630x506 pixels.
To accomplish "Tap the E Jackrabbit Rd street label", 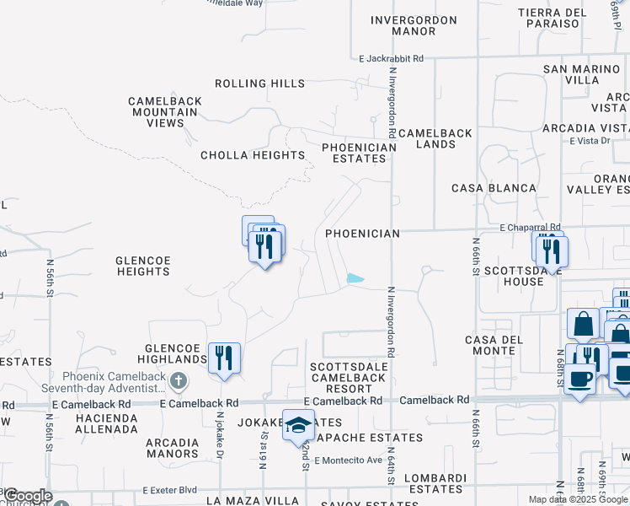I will pos(391,59).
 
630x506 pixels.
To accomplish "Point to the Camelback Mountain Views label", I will pos(165,112).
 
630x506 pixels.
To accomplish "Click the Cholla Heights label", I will pos(253,155).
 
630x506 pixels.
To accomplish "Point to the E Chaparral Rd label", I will pos(530,228).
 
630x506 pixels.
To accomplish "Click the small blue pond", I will pos(355,278).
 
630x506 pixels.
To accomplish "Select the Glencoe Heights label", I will pos(143,266).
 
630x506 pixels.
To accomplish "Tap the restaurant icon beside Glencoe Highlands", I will pos(224,358).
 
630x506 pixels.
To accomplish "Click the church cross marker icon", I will pos(178,382).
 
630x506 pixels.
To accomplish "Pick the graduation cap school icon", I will pos(298,426).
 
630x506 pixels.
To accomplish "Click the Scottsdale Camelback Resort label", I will pos(349,377).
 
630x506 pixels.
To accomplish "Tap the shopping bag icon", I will pos(583,325).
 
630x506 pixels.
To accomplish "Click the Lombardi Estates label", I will pos(435,483).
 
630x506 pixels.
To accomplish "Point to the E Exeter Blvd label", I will pos(169,489).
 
